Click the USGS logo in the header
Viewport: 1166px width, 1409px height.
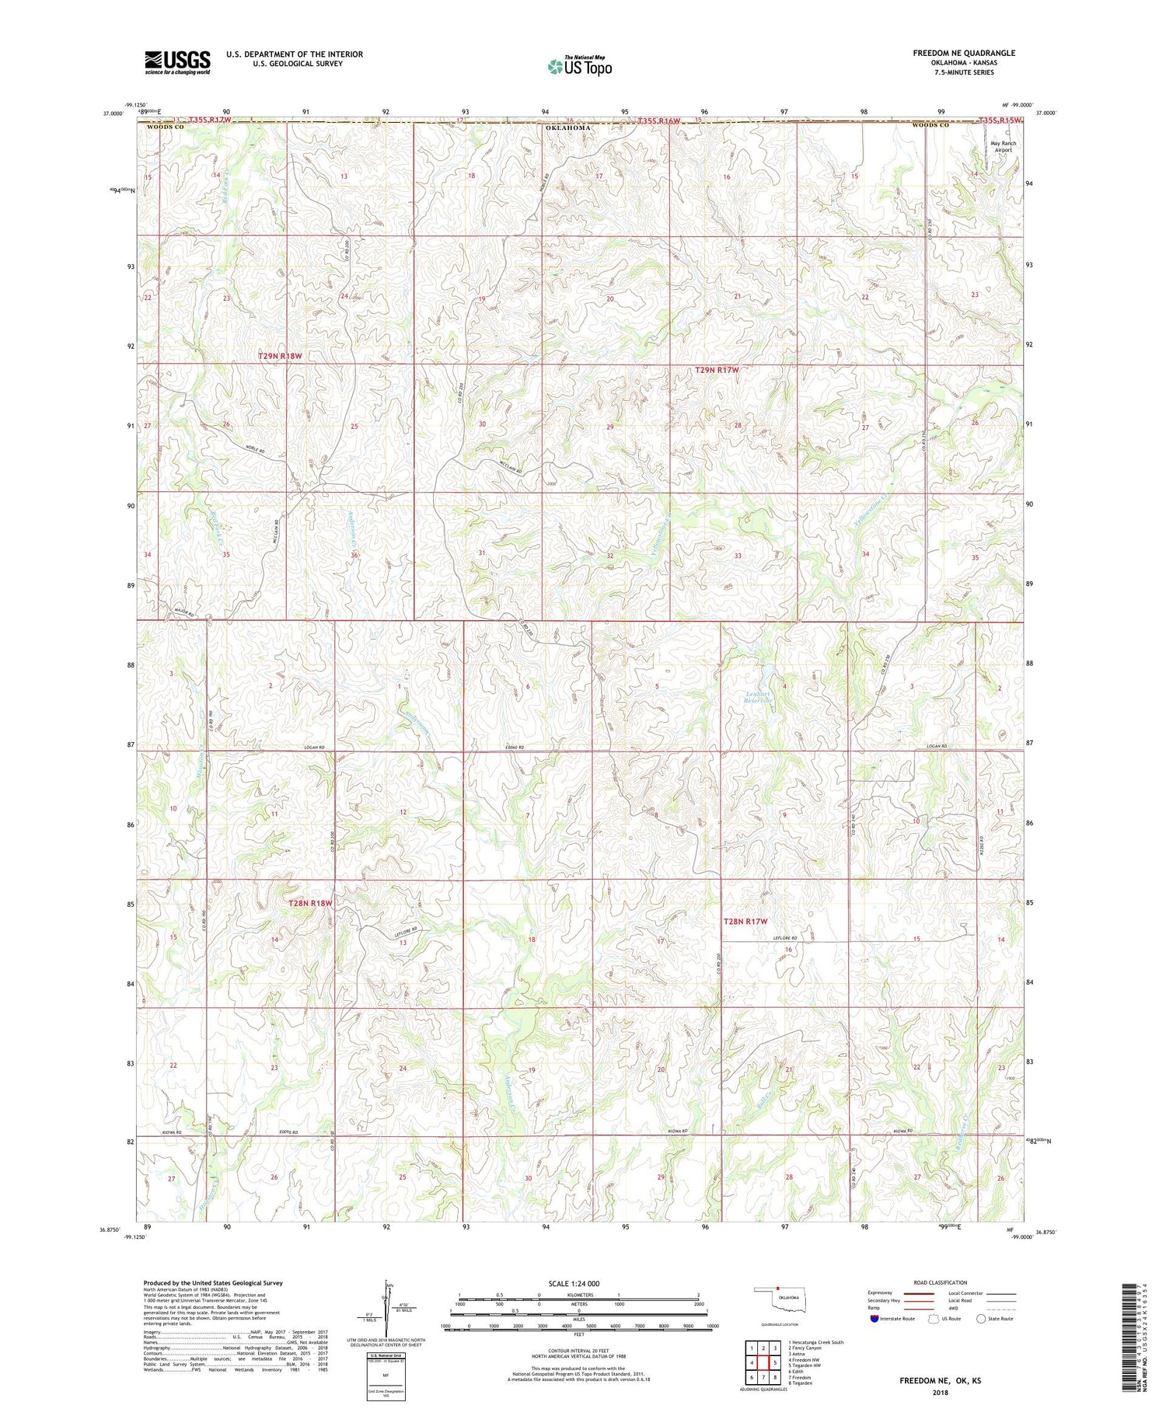pos(177,62)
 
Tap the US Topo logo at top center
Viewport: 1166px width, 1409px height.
pos(579,67)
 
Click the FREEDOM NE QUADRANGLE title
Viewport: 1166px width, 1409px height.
pos(964,53)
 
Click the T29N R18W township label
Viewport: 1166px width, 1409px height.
pos(279,355)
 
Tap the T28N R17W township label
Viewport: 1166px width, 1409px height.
pos(745,921)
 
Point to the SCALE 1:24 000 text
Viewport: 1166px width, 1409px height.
pos(578,1283)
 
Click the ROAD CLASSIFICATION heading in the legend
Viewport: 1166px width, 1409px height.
pos(941,1282)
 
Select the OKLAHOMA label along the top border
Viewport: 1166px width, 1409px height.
pos(567,127)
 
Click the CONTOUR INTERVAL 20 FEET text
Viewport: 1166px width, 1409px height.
pos(578,1351)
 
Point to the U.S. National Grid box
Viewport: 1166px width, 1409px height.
pos(385,1376)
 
